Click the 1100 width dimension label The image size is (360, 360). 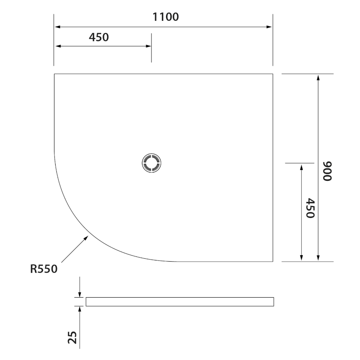[x=166, y=17]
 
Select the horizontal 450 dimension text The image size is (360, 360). [x=99, y=37]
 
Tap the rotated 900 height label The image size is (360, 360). [x=327, y=171]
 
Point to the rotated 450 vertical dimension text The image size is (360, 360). [x=310, y=208]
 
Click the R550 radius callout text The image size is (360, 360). [x=44, y=269]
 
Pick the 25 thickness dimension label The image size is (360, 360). [x=72, y=337]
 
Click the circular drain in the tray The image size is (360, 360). [x=152, y=163]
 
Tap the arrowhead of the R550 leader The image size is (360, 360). [x=86, y=238]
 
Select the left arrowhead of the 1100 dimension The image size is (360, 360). [x=58, y=27]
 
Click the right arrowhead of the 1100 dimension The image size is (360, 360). [x=269, y=27]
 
